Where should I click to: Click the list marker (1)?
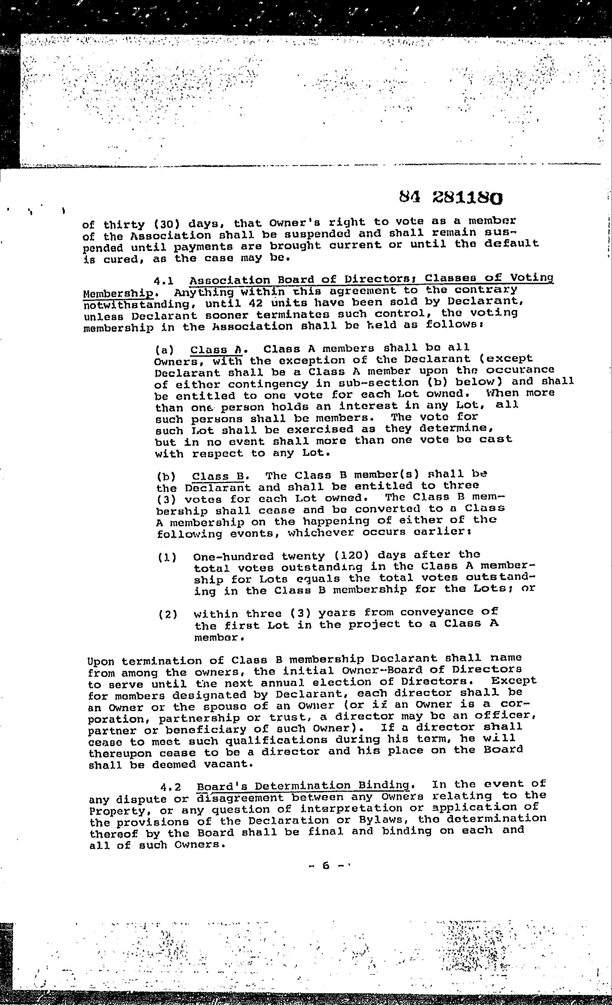(x=167, y=558)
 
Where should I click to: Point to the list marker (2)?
(x=168, y=614)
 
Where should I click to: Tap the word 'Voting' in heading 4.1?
(x=532, y=278)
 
